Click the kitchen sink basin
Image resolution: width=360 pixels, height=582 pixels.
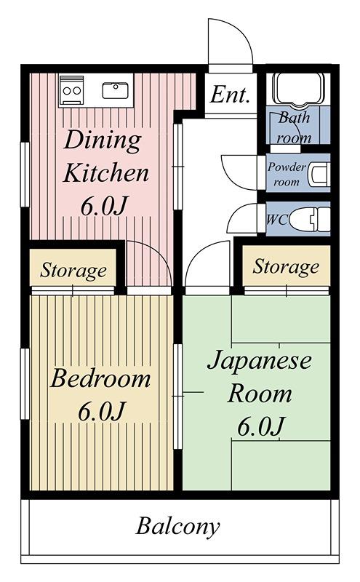click(x=116, y=90)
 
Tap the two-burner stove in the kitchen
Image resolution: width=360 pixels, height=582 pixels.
click(x=71, y=90)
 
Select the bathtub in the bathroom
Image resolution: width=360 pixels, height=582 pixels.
click(x=297, y=89)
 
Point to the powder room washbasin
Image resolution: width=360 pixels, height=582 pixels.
click(x=320, y=173)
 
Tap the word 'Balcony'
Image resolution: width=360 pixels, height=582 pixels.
click(x=177, y=526)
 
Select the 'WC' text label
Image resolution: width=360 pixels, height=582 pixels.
click(x=277, y=220)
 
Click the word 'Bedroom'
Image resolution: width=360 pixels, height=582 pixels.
click(x=100, y=378)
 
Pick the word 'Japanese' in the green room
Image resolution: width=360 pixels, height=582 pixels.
click(x=259, y=360)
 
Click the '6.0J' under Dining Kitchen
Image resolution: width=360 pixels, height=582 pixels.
click(x=104, y=206)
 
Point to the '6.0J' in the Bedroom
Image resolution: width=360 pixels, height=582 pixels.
click(x=100, y=411)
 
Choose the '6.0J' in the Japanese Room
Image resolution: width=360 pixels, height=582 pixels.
click(x=260, y=426)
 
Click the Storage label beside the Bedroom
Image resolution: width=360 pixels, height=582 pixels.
click(x=73, y=271)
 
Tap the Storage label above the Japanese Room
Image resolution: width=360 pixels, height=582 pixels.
click(x=286, y=267)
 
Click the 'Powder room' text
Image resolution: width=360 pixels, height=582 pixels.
click(x=287, y=174)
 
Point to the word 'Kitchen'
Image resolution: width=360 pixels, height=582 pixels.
click(x=105, y=173)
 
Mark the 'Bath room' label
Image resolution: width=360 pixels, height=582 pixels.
click(x=294, y=128)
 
